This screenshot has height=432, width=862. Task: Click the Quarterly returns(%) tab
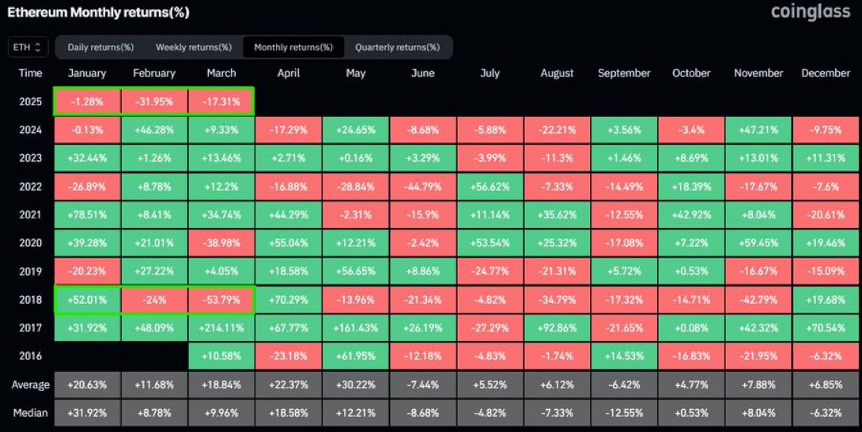[x=398, y=47]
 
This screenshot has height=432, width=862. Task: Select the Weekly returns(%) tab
[x=194, y=47]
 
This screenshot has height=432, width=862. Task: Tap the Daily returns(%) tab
[x=100, y=47]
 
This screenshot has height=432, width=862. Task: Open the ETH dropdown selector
[x=28, y=47]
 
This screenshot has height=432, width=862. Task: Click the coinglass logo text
[x=811, y=12]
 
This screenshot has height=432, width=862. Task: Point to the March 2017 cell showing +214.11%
[x=221, y=328]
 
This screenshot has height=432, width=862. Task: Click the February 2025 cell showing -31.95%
[x=154, y=101]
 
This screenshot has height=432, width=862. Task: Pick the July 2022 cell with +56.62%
[x=490, y=187]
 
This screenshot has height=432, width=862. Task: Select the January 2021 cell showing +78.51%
[x=87, y=214]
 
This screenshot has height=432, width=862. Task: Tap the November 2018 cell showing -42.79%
[x=758, y=300]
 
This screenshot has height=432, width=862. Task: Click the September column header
[x=624, y=74]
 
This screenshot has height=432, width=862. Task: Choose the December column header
[x=826, y=74]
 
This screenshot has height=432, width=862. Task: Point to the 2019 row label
[x=30, y=271]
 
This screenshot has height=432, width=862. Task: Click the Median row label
[x=30, y=413]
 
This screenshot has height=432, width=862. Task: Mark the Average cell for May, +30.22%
[x=356, y=385]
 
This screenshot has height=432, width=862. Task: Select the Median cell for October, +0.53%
[x=692, y=413]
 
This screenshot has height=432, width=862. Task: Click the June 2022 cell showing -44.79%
[x=423, y=187]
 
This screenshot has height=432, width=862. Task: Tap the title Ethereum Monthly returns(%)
[x=98, y=12]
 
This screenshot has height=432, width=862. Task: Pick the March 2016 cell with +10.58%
[x=221, y=356]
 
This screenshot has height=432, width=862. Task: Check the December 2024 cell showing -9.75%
[x=826, y=130]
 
